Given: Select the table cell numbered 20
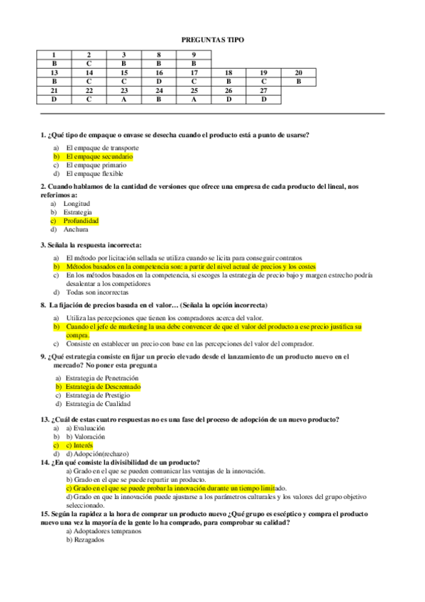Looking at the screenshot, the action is click(x=298, y=72).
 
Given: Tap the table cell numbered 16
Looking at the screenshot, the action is click(x=159, y=72).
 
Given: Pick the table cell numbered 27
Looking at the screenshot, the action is click(x=263, y=90).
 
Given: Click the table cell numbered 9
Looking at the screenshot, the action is click(x=194, y=55).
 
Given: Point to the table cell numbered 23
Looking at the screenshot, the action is click(x=123, y=90).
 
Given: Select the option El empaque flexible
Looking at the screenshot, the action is click(x=94, y=173).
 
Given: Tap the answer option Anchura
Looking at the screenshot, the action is click(x=76, y=229).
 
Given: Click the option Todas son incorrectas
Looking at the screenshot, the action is click(x=97, y=292).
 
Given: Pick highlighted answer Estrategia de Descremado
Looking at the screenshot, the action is click(x=103, y=387).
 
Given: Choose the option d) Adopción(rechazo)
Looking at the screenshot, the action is click(x=94, y=454).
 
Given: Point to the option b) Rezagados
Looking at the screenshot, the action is click(x=84, y=540).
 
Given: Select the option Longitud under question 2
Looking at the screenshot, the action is click(x=77, y=204).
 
